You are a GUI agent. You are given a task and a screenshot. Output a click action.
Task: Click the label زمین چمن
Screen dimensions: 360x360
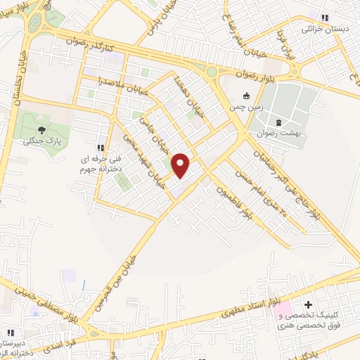click(x=245, y=108)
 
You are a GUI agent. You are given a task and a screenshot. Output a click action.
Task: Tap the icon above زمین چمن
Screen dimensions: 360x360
click(x=245, y=96)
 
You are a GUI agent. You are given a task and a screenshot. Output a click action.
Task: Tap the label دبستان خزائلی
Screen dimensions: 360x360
click(x=324, y=30)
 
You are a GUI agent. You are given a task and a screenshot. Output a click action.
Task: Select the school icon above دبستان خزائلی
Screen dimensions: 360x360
click(x=324, y=18)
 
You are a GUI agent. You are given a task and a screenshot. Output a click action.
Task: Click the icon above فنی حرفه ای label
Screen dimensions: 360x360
click(x=100, y=148)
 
